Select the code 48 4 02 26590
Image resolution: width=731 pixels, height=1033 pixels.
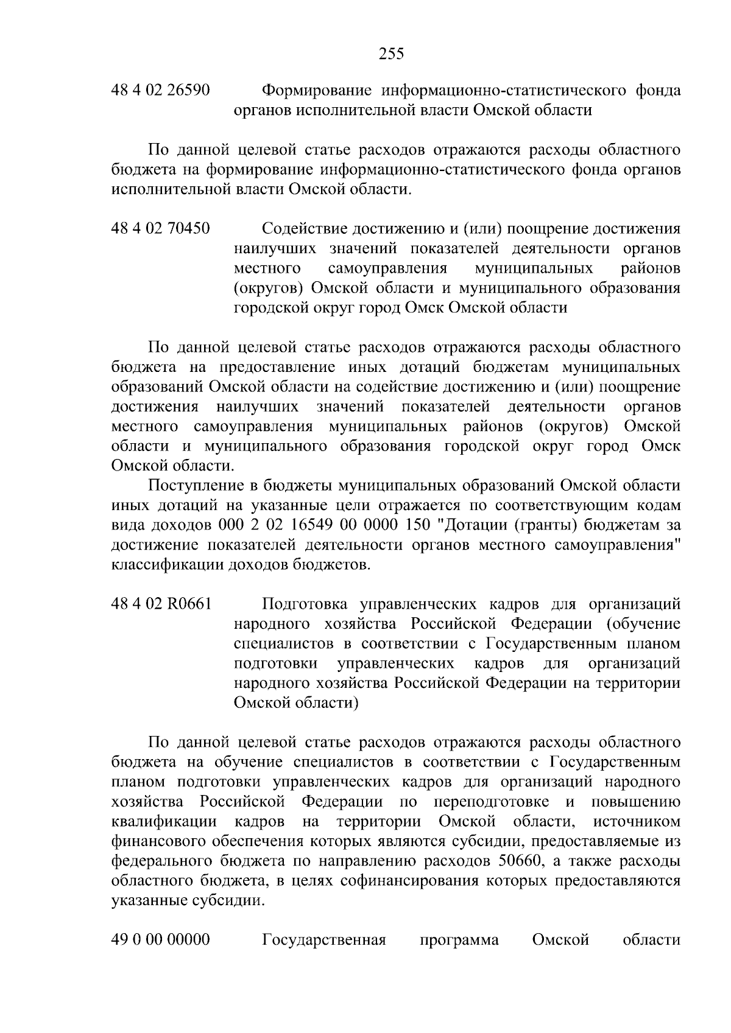[x=161, y=91]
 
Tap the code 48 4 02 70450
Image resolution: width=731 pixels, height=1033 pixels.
[x=161, y=229]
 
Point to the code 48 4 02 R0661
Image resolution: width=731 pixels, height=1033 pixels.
[x=161, y=604]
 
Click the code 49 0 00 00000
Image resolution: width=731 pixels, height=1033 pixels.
[x=161, y=940]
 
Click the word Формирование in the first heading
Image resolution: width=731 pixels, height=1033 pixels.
[x=316, y=91]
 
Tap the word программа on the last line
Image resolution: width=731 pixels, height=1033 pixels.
[x=459, y=940]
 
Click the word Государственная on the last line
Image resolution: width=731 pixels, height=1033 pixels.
[x=324, y=940]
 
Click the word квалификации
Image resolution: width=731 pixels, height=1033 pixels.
[x=164, y=822]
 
